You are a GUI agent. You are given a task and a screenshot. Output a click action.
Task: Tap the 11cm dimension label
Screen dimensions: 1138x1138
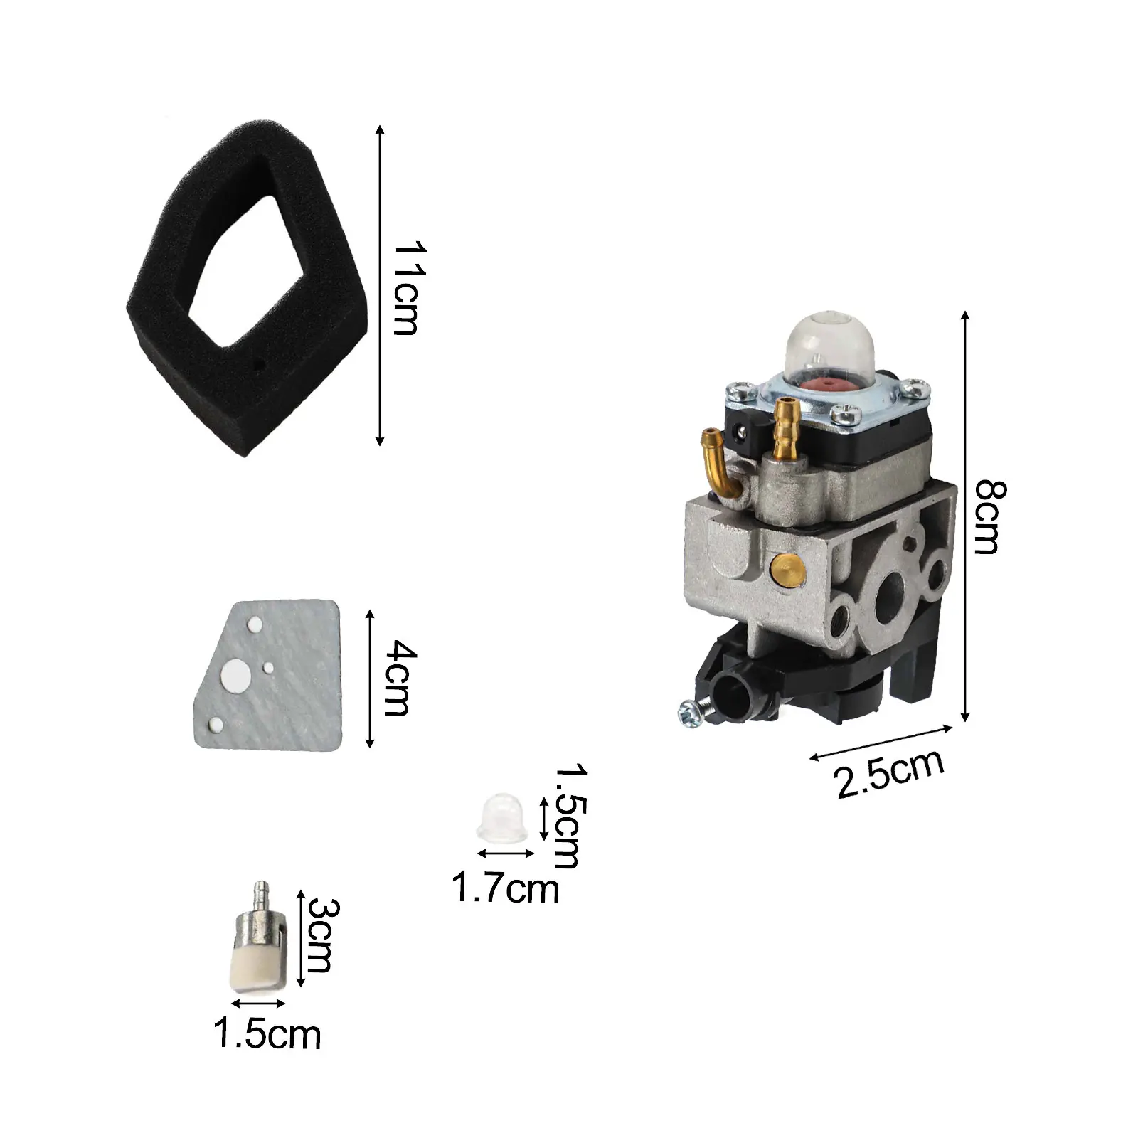tap(410, 288)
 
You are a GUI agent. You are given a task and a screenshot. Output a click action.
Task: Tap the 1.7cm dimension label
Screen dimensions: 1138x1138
tap(506, 889)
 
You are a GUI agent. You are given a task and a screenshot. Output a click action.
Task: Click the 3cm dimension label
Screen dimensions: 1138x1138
tap(323, 936)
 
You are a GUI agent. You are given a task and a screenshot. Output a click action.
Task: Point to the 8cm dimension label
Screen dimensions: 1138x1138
tap(989, 517)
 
